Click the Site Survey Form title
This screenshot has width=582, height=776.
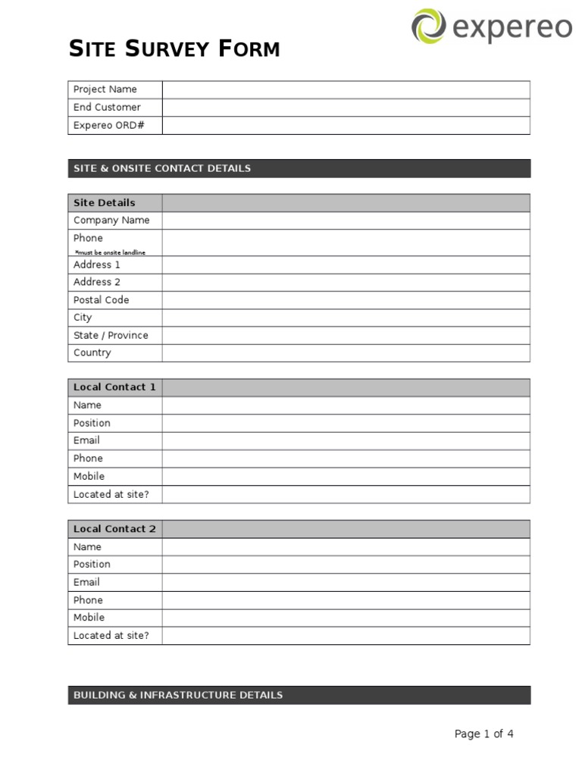174,50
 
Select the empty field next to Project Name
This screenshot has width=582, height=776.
346,89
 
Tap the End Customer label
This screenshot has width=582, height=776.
107,108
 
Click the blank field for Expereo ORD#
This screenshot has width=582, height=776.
346,126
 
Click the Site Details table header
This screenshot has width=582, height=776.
105,203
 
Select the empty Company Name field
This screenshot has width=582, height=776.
346,221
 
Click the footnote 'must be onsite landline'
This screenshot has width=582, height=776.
110,252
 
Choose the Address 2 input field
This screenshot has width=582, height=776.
346,283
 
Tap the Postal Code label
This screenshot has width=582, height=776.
101,300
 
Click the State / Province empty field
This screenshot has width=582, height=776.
346,336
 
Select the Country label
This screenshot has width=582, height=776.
92,353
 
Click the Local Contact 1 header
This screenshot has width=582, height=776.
114,387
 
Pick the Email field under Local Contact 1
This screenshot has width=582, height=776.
346,441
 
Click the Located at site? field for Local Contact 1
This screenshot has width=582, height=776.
346,495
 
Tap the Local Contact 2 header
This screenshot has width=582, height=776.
114,529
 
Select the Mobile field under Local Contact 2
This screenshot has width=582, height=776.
346,618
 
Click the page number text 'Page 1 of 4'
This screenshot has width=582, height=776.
483,734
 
